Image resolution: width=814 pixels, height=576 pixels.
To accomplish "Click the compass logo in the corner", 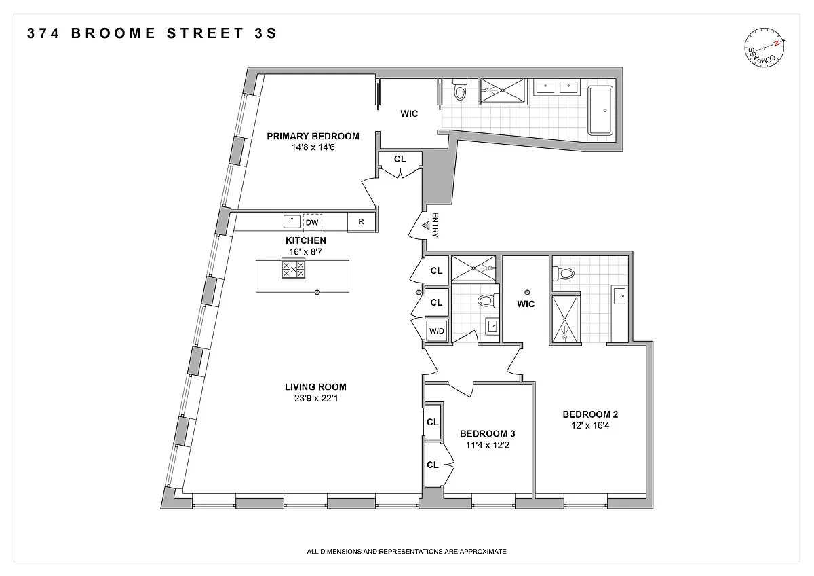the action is click(764, 48).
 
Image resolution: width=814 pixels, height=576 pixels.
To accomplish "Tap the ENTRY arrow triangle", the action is click(425, 226).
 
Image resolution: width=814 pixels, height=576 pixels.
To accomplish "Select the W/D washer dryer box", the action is click(436, 331).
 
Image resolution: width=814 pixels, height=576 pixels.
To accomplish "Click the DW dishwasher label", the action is click(312, 222).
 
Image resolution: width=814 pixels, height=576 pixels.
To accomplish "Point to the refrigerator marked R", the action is click(361, 221).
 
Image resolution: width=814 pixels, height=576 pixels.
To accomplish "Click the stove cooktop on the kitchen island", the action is click(293, 269).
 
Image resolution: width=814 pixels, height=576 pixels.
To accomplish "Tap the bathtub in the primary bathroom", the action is click(600, 110).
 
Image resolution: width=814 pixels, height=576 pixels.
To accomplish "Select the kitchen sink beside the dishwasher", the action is click(292, 221).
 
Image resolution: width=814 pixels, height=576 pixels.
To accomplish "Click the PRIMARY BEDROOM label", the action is click(313, 136).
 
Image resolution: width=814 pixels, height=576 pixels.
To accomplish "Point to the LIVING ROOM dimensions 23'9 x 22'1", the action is click(316, 399).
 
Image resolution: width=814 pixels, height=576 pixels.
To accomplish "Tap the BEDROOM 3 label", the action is click(487, 433).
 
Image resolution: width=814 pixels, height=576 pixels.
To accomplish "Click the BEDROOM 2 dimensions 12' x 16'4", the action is click(589, 425).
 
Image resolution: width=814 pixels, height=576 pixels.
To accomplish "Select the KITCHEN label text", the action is click(306, 240).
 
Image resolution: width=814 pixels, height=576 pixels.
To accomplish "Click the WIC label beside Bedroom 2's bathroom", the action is click(526, 304).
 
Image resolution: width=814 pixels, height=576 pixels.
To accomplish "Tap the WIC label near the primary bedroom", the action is click(409, 114).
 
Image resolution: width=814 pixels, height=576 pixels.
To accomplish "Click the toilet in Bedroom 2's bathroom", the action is click(563, 273).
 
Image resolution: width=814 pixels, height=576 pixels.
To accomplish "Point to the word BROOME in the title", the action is click(113, 33).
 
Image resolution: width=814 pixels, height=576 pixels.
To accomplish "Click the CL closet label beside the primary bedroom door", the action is click(400, 159).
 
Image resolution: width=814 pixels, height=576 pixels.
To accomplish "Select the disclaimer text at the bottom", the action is click(406, 552).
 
